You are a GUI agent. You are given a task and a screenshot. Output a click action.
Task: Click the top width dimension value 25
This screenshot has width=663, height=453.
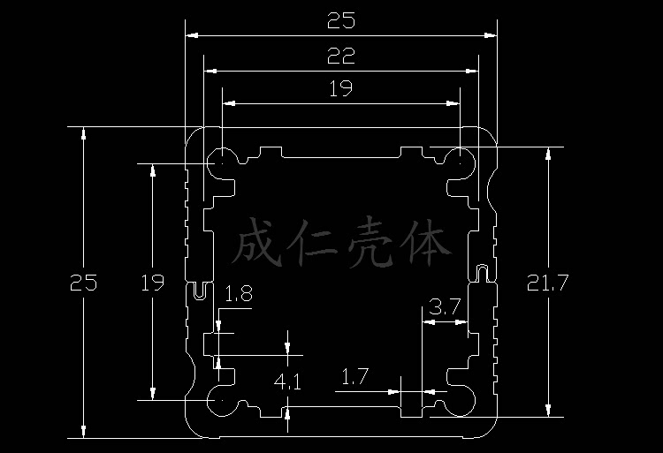[x=340, y=19]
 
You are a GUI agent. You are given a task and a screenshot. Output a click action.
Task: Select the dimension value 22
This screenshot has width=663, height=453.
[x=340, y=57]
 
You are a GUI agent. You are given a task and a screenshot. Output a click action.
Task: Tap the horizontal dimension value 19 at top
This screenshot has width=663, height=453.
[x=340, y=88]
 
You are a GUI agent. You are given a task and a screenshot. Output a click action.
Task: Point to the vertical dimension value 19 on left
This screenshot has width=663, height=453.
[x=153, y=283]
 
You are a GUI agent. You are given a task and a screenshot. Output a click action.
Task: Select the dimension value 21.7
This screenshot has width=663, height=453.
[x=549, y=283]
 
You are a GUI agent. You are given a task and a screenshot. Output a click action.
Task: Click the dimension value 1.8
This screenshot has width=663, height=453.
[x=239, y=294]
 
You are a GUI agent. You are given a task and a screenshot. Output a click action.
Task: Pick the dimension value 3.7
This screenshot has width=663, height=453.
[x=444, y=308]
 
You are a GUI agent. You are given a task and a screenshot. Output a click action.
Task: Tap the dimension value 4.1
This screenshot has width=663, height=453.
[x=288, y=382]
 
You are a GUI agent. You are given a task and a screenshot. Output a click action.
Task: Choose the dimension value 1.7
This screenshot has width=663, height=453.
[x=354, y=378]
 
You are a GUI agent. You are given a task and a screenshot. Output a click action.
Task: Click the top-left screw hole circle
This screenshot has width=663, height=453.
[x=219, y=162]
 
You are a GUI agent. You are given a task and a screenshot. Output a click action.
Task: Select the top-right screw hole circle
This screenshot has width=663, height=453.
[x=461, y=162]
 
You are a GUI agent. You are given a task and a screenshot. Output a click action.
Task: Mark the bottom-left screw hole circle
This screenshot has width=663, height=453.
[x=219, y=400]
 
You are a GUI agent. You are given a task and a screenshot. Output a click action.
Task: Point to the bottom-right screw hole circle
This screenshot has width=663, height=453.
[x=461, y=400]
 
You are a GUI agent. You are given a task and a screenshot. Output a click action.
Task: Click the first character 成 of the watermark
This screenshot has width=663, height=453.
[x=258, y=245]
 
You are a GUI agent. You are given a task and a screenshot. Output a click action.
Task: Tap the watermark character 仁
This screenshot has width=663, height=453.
[x=315, y=245]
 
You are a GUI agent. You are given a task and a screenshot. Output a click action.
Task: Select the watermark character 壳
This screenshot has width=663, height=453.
[x=373, y=245]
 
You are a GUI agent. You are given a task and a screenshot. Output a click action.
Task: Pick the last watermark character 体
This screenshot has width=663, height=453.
[x=430, y=245]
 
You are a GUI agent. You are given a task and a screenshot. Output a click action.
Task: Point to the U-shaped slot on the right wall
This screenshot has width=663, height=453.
[x=482, y=270]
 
